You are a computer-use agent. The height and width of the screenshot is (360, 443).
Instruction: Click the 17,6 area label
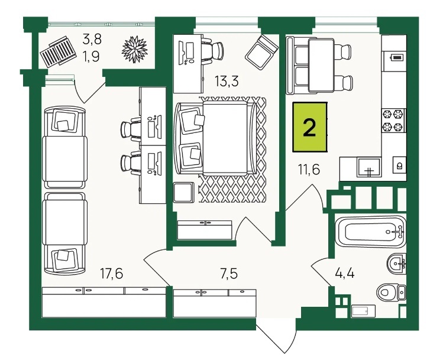click(x=112, y=273)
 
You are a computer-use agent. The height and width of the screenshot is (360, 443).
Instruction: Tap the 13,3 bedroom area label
click(x=227, y=81)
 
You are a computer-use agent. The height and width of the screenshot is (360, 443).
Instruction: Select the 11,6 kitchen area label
click(x=309, y=170)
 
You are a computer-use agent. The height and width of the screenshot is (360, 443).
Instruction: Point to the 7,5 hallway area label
click(x=228, y=273)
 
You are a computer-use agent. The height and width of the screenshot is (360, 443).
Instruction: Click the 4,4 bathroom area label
click(x=344, y=273)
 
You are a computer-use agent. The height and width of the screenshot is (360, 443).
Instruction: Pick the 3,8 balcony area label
click(x=92, y=39)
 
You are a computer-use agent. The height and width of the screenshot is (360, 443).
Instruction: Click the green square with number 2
click(x=310, y=127)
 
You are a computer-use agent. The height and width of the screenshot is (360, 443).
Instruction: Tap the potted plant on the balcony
click(x=135, y=49)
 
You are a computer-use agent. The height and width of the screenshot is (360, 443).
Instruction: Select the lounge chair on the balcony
click(x=58, y=51)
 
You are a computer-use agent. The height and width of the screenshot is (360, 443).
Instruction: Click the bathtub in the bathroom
click(x=370, y=232)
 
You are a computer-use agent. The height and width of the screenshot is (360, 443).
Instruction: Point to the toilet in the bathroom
click(x=392, y=292)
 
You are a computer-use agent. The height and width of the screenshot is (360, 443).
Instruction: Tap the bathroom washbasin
click(x=396, y=264)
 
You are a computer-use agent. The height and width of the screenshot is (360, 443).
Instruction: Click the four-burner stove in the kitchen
click(x=393, y=121)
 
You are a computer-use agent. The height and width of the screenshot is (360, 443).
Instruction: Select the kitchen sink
click(x=368, y=167)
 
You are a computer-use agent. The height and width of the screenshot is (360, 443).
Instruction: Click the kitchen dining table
click(x=321, y=65)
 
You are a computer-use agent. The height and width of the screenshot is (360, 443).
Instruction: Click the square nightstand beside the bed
click(x=183, y=192)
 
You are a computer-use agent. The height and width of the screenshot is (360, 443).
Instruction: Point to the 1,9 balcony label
click(x=91, y=57)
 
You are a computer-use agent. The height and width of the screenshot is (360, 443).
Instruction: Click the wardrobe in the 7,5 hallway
click(x=215, y=303)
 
